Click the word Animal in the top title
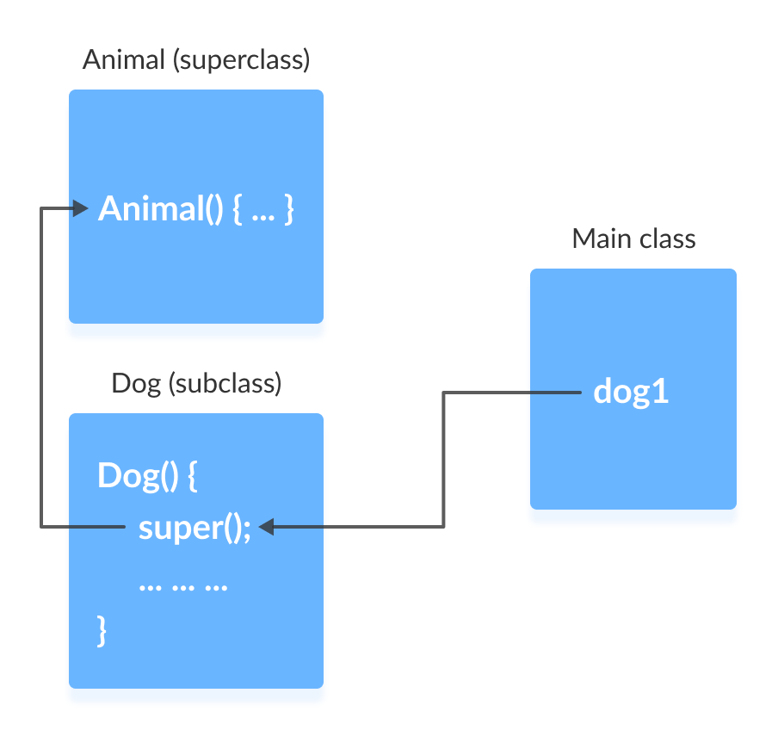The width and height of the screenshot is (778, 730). point(124,61)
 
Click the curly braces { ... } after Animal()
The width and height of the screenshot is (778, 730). point(264,209)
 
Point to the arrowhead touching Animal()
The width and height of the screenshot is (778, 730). point(82,208)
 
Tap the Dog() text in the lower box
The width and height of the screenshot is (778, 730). point(138,475)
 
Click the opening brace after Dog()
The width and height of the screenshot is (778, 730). point(193,476)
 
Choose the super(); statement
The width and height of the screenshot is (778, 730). point(194,527)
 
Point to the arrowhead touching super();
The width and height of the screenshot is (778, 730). point(266,527)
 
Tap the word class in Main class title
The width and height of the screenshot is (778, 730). point(665,238)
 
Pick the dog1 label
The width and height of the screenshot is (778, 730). point(632,393)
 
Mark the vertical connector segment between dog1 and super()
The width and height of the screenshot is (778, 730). point(443,460)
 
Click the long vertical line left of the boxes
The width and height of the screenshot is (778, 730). point(41,367)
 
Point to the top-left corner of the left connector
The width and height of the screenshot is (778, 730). point(41,208)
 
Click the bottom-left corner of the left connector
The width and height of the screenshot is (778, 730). point(41,526)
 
